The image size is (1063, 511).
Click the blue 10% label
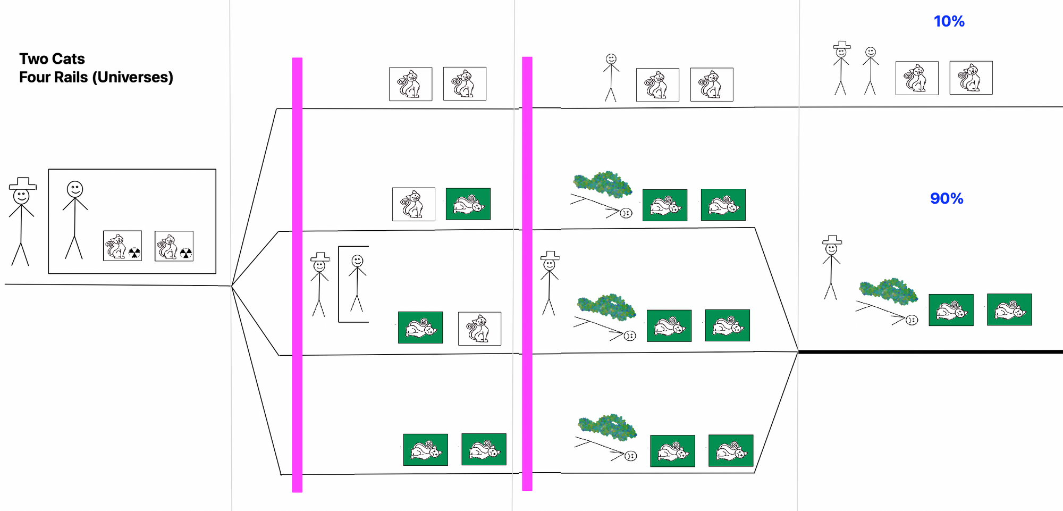(949, 21)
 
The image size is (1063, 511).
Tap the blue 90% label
(947, 198)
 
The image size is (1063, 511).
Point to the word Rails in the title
(72, 77)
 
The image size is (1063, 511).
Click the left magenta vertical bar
(297, 275)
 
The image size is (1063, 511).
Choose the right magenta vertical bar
(527, 274)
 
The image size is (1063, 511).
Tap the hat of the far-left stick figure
(23, 183)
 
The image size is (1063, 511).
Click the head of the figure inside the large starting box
(75, 189)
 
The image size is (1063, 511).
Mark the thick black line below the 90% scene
(930, 351)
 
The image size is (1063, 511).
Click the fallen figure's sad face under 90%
(912, 320)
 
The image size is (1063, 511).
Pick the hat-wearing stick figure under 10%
(841, 69)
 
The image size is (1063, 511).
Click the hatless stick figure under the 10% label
(870, 71)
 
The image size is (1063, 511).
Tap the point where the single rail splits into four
(232, 286)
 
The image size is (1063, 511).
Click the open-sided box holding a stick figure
(339, 284)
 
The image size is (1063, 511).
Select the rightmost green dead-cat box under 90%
(1009, 309)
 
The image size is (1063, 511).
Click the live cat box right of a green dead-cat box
(479, 329)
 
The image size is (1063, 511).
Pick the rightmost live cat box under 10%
(971, 78)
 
